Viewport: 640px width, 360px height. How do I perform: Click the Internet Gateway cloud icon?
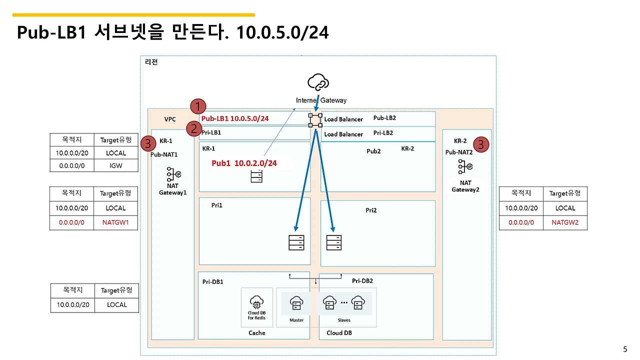coord(318,82)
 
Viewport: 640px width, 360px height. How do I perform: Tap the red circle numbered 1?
coord(198,106)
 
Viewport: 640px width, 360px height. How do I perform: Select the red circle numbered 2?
coord(193,129)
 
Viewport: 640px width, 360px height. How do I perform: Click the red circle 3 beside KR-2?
coord(480,145)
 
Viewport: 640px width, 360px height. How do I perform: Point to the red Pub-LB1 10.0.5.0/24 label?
coord(235,119)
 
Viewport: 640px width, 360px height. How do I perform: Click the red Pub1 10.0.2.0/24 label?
coord(244,163)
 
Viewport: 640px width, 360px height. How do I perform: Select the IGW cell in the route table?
coord(115,165)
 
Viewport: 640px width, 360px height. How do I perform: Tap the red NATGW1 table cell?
coord(115,222)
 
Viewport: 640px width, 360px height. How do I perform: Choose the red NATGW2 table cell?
coord(565,222)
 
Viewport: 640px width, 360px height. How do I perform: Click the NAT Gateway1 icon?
coord(173,174)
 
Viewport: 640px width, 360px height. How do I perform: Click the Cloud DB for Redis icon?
coord(256,303)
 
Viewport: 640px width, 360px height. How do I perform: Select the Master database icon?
coord(296,303)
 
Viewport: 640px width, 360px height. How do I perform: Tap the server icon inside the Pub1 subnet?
coord(256,176)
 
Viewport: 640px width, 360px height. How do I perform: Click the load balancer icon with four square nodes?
coord(315,120)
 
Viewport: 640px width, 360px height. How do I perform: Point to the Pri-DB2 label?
coord(362,281)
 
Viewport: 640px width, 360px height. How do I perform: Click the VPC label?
coord(170,119)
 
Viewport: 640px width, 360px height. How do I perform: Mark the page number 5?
coord(624,349)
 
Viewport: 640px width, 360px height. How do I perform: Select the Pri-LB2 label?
coord(383,133)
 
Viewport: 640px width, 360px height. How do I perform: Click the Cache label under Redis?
coord(257,333)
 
